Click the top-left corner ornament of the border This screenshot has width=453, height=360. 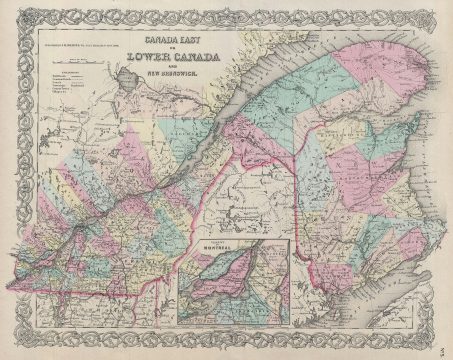12,12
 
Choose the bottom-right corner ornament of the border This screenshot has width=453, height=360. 441,347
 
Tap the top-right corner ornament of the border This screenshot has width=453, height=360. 441,12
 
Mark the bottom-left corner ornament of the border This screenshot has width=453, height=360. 12,347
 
